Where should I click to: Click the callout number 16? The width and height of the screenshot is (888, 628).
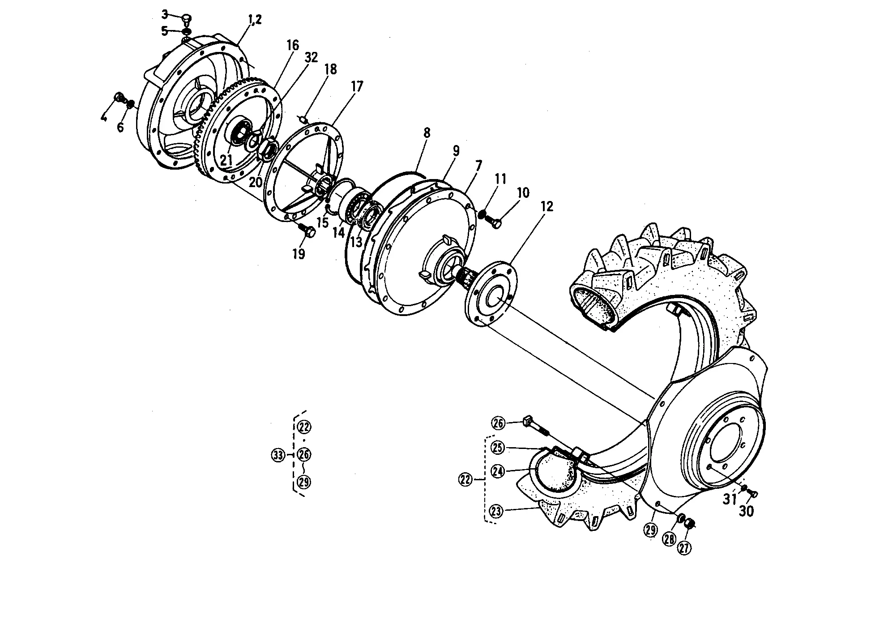coord(293,46)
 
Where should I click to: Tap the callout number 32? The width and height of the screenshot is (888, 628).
coord(311,57)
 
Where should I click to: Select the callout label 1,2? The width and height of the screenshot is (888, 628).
coord(254,20)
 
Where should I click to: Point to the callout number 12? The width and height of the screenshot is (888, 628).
coord(547,206)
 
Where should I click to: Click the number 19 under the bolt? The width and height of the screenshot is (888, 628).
coord(299,254)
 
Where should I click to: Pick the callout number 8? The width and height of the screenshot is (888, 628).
coord(427,132)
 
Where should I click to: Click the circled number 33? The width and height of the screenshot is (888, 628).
coord(278,455)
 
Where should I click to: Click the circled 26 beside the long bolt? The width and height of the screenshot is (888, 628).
coord(498,423)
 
